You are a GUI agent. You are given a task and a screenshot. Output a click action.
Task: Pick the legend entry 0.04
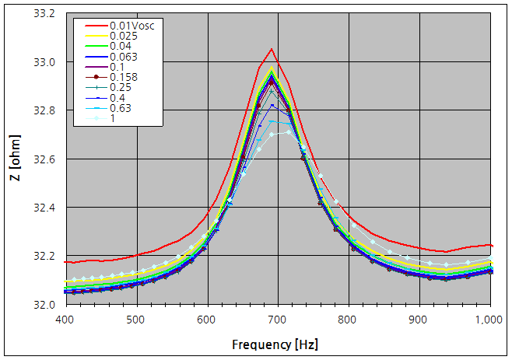(x=119, y=47)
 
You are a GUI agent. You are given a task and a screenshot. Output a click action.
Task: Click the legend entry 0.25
(x=119, y=87)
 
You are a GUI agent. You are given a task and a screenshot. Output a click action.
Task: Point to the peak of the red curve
(x=272, y=49)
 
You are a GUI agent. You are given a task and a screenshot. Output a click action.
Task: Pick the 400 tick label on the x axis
(x=65, y=319)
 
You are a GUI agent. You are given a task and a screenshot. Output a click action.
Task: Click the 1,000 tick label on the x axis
(x=489, y=319)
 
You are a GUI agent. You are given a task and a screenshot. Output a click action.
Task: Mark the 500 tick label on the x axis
(x=136, y=319)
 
